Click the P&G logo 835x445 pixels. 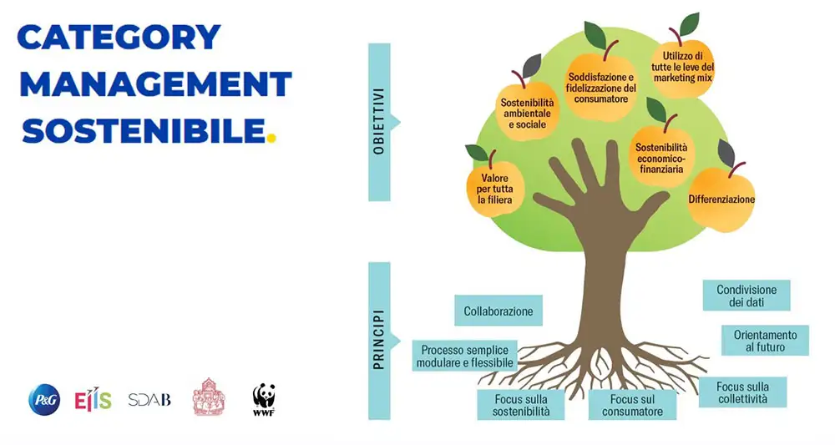[44, 400]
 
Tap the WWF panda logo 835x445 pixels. [264, 399]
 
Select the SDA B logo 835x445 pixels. [149, 400]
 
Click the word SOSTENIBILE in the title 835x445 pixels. [143, 129]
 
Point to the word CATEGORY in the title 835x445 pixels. [119, 37]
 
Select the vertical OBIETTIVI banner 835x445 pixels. [379, 123]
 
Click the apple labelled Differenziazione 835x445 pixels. [721, 199]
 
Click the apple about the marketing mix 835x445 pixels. [683, 68]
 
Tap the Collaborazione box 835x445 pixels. [498, 311]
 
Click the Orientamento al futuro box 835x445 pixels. [765, 340]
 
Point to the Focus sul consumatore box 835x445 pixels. [631, 405]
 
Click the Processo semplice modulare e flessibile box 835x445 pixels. [465, 356]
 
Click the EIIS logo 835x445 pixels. [93, 400]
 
